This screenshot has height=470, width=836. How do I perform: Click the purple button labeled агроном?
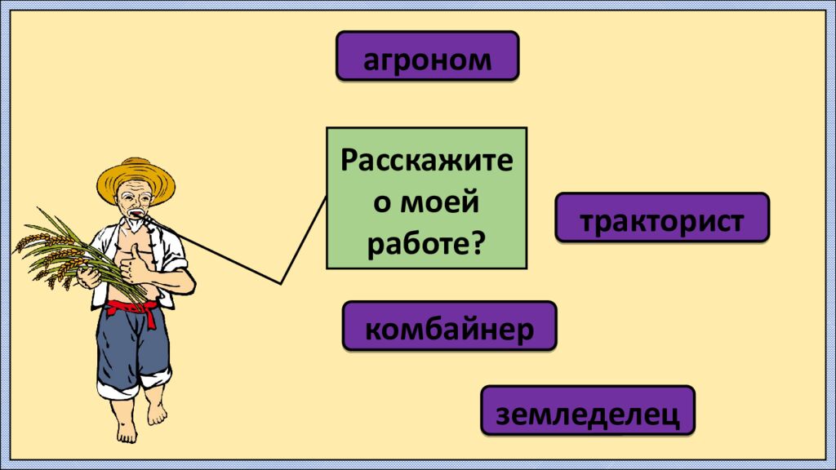(427, 56)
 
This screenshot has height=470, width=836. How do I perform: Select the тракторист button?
(662, 217)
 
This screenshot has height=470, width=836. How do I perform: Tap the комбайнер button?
(450, 326)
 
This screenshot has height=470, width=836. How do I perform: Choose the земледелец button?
(588, 410)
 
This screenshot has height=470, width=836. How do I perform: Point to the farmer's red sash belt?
(133, 311)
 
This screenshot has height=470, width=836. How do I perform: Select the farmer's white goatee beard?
(135, 224)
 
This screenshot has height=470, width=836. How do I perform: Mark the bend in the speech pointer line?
(281, 283)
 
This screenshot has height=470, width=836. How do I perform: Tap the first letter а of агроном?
(371, 60)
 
